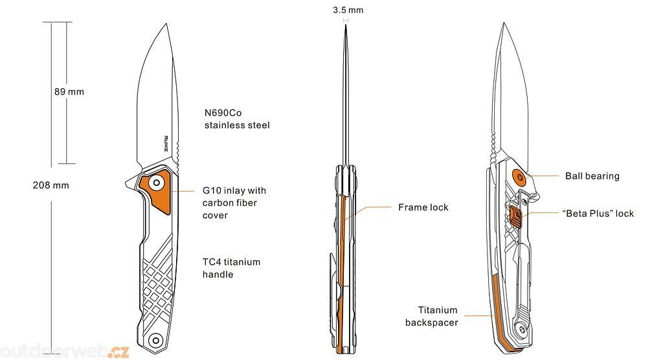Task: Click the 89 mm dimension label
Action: coord(69,92)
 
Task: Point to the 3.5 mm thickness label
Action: coord(348,10)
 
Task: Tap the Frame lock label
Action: coord(423,207)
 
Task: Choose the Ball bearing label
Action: coord(592,176)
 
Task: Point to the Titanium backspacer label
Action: coord(437,316)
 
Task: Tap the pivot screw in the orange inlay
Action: coord(156,184)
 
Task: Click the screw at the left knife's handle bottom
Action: coord(155,340)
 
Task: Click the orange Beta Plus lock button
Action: coord(515,216)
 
